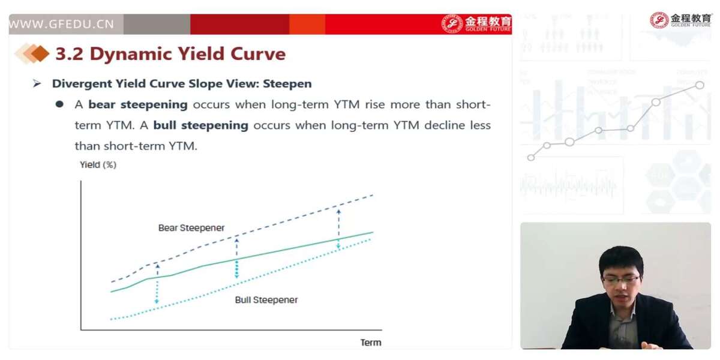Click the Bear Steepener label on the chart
tap(191, 228)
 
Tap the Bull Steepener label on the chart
tap(266, 300)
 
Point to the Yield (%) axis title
tap(98, 165)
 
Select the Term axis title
tap(371, 343)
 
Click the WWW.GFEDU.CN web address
tap(61, 24)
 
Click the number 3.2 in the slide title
tap(70, 53)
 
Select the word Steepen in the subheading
tap(287, 84)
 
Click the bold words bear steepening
tap(138, 105)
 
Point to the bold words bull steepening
tap(200, 125)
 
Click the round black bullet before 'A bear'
tap(59, 104)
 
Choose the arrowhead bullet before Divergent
tap(37, 84)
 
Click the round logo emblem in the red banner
tap(452, 24)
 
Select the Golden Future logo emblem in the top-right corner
tap(659, 20)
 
